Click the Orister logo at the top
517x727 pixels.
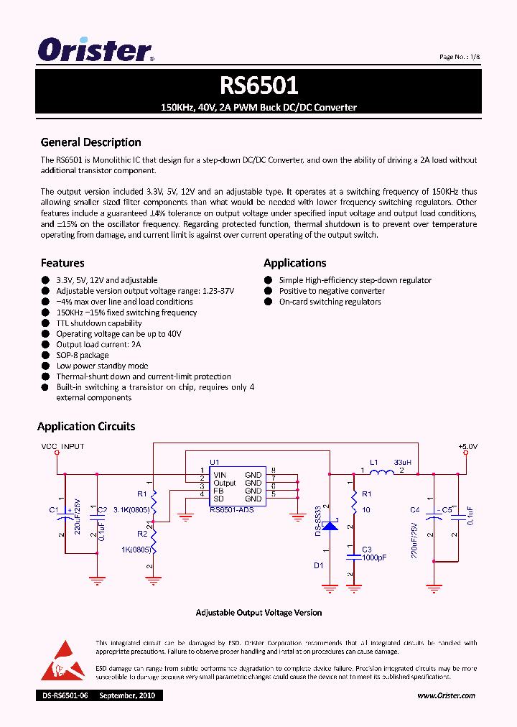(x=96, y=50)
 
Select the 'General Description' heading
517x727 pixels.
(x=90, y=142)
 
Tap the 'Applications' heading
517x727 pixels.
(x=294, y=263)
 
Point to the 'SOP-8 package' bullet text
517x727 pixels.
(x=83, y=355)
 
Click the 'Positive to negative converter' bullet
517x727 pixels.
(x=332, y=291)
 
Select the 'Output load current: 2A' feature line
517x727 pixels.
(x=98, y=345)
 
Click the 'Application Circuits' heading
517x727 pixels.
(x=86, y=426)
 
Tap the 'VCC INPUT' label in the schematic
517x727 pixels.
(x=62, y=446)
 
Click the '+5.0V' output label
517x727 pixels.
(x=467, y=446)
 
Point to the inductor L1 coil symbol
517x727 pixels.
(x=381, y=473)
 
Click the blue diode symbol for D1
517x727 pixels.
(x=330, y=525)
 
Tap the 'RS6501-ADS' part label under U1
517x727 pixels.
(x=231, y=509)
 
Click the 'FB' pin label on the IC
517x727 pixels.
(x=218, y=491)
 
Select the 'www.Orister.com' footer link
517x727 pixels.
(x=446, y=695)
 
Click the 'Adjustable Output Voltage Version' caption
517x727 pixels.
(x=258, y=613)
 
